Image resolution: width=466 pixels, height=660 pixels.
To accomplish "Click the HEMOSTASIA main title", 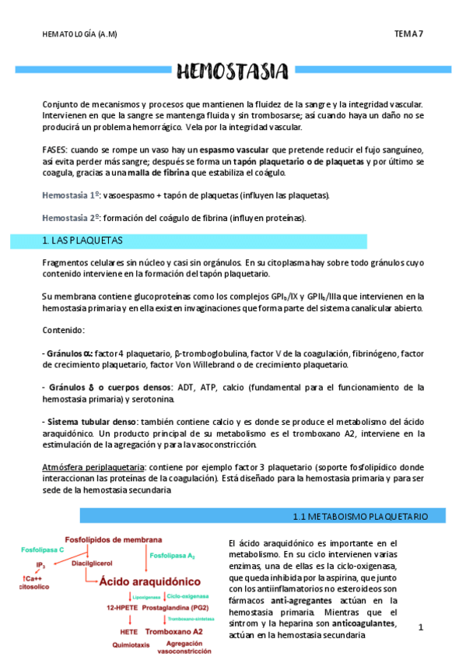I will click(x=233, y=74).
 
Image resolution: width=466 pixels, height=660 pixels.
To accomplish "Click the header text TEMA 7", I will click(x=409, y=33).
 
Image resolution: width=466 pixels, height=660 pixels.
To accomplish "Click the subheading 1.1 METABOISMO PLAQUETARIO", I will click(x=370, y=516).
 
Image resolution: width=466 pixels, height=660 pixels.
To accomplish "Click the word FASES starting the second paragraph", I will click(x=55, y=148).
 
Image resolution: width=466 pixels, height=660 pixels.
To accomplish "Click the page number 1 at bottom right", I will click(x=420, y=627).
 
